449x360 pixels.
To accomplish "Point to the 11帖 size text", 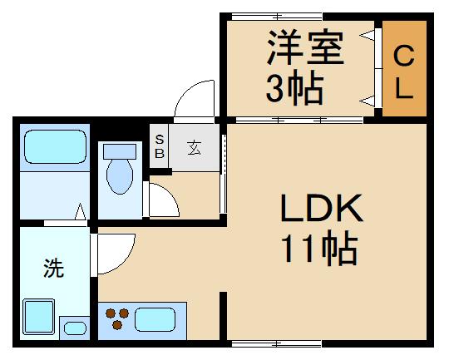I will [320, 248].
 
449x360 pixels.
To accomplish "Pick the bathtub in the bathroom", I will [54, 147].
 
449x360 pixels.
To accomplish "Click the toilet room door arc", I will [160, 200].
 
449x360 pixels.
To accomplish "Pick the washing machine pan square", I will [38, 317].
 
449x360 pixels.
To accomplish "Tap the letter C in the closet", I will [403, 56].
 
